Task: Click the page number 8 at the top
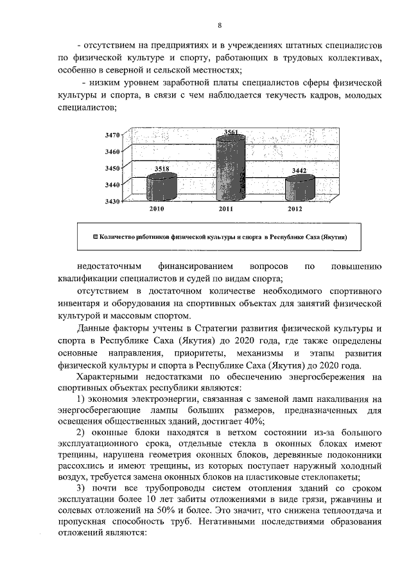[219, 26]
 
